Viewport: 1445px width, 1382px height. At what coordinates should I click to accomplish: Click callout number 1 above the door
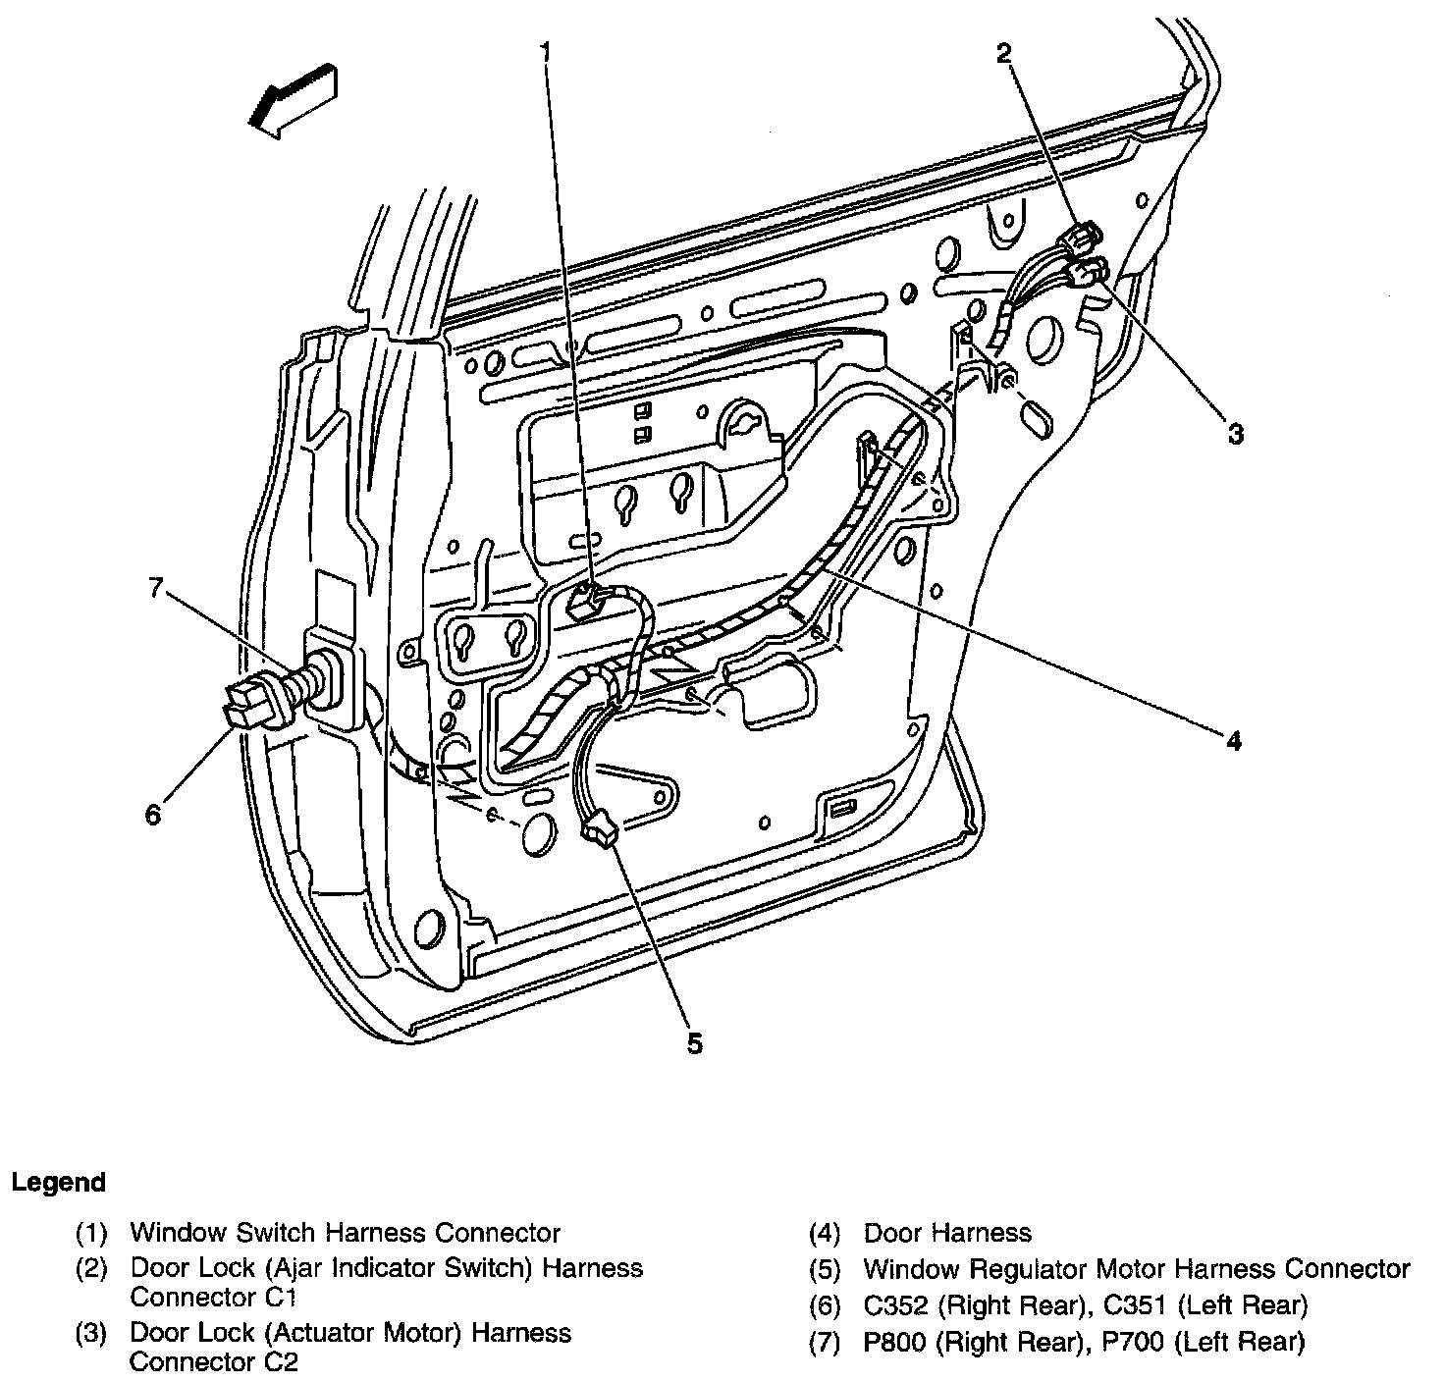point(546,48)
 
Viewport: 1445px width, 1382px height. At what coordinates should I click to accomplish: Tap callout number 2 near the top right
point(1002,53)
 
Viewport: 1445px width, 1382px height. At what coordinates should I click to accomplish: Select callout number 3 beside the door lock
point(1235,434)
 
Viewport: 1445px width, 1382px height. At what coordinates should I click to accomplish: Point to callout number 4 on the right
point(1233,740)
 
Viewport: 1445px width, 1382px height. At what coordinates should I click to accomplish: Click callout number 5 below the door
point(694,1043)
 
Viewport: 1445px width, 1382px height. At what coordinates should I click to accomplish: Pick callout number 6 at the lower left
point(153,814)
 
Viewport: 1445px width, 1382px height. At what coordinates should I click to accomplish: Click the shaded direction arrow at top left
point(293,96)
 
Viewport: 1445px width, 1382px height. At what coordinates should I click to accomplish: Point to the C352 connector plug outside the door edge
point(247,703)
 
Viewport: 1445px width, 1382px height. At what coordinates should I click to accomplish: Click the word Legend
point(58,1182)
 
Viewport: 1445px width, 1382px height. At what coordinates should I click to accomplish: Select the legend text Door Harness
point(947,1233)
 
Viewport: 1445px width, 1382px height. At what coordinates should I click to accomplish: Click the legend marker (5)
point(825,1269)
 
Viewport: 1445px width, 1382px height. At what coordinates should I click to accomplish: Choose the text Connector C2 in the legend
point(213,1361)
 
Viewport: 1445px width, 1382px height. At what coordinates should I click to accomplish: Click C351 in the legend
point(1135,1305)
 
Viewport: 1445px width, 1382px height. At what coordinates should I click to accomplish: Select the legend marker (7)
point(825,1342)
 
